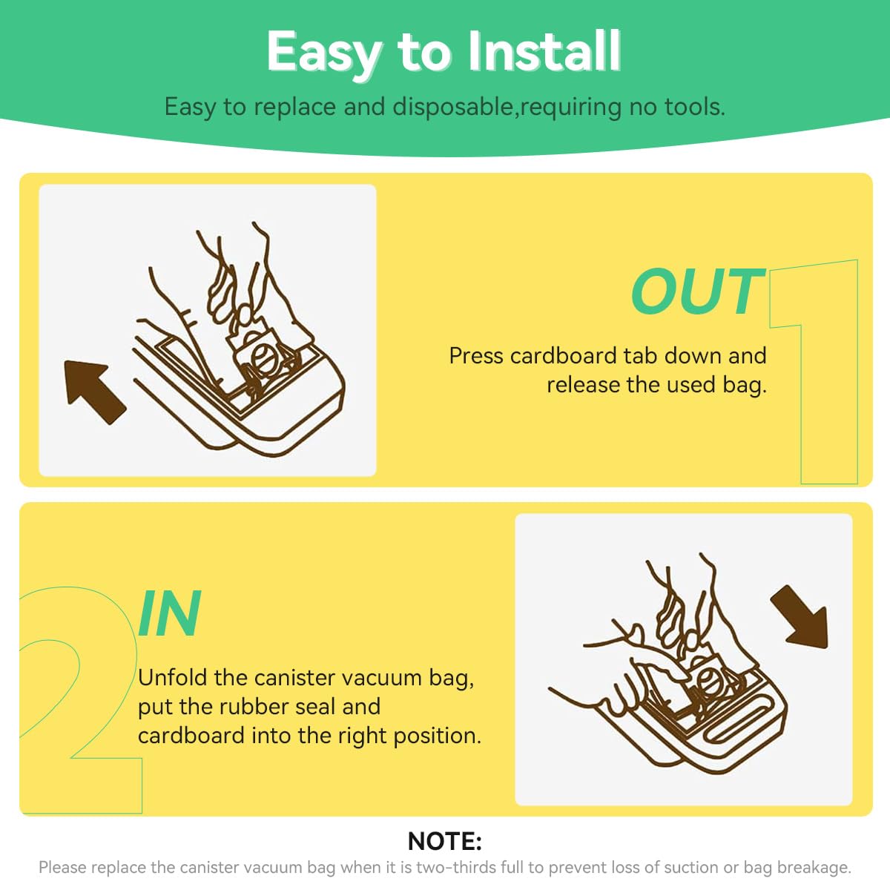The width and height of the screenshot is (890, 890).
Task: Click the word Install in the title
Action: (x=544, y=51)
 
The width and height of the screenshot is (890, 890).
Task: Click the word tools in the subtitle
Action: (x=695, y=107)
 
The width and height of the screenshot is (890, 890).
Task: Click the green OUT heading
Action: (x=697, y=291)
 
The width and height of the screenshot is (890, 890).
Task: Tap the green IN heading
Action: (x=170, y=613)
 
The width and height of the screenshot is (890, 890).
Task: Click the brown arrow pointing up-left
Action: (x=93, y=391)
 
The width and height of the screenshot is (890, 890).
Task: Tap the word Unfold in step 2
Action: (x=173, y=678)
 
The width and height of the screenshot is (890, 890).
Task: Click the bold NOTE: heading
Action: (x=445, y=841)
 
